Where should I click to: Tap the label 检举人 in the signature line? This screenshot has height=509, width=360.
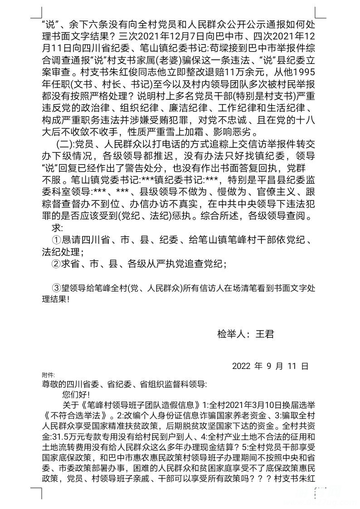(232, 334)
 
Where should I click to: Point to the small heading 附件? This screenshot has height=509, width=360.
(48, 375)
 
